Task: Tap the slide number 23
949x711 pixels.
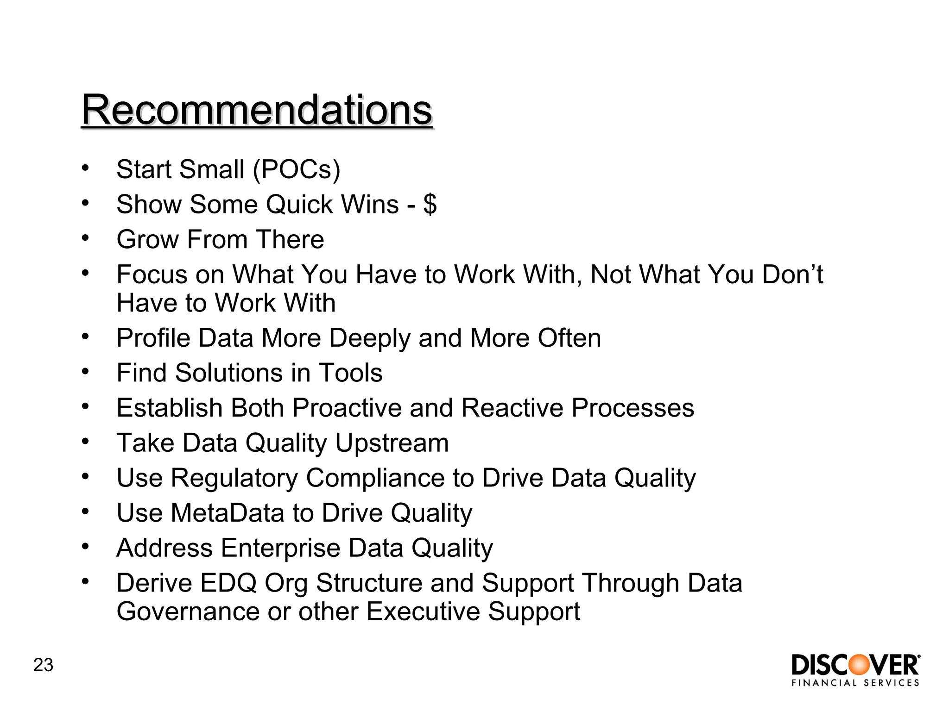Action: (43, 665)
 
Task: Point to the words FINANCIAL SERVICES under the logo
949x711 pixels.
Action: (855, 683)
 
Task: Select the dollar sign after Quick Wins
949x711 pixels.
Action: (430, 204)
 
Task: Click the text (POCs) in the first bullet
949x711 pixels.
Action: (297, 169)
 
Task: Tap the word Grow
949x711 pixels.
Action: (147, 240)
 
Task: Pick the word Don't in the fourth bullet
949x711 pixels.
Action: (792, 274)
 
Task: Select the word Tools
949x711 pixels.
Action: (350, 373)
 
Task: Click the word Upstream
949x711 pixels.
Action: (392, 443)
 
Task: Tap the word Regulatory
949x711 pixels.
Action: (234, 478)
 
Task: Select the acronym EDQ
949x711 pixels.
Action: (228, 583)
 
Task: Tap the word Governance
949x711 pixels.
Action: (188, 612)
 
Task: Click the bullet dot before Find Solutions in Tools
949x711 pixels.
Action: (85, 371)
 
